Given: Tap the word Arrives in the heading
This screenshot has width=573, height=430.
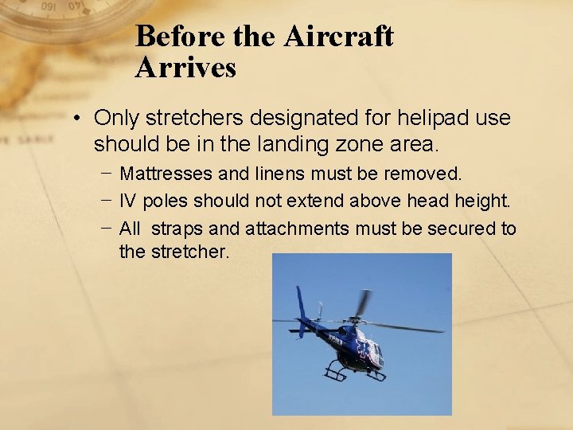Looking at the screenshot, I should click(x=185, y=68).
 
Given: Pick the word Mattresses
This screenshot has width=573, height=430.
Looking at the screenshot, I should click(x=166, y=173).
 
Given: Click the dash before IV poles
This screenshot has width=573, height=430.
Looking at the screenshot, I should click(x=106, y=201).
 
